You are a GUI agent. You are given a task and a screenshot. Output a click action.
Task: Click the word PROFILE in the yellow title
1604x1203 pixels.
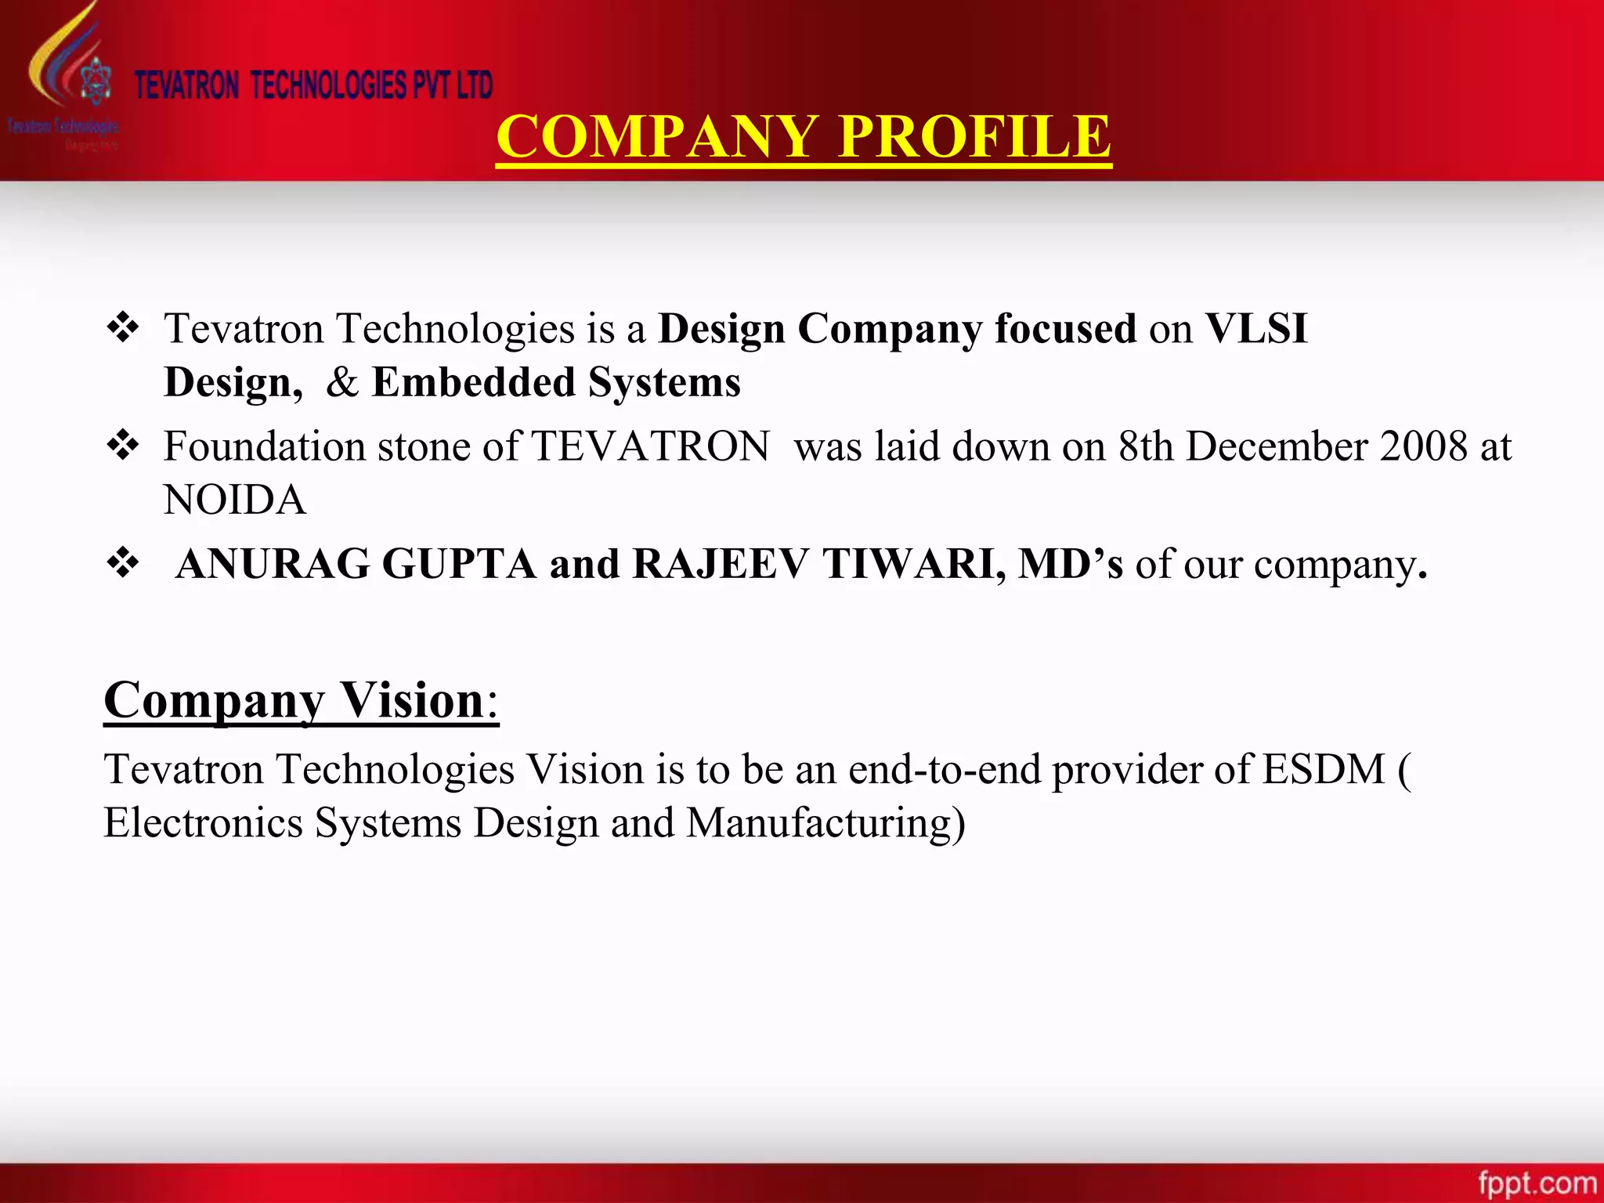(x=974, y=136)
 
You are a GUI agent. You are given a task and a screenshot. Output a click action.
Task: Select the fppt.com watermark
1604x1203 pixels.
(x=1537, y=1183)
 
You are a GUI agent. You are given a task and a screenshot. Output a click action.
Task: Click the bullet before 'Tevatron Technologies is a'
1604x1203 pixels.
(x=123, y=327)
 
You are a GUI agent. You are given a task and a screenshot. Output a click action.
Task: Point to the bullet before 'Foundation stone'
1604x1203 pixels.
(x=123, y=446)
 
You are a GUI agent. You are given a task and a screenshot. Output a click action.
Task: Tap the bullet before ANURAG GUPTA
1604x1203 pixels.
(x=123, y=563)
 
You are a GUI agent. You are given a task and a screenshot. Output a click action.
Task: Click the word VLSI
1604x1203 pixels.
(x=1256, y=328)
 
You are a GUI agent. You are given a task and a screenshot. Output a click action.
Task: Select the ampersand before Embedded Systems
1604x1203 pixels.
(x=341, y=382)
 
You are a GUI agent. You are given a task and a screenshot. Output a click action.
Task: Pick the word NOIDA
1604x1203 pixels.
(x=235, y=500)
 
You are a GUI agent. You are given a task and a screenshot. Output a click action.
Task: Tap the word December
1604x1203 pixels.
(x=1276, y=446)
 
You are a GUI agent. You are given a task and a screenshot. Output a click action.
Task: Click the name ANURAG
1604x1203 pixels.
(x=273, y=564)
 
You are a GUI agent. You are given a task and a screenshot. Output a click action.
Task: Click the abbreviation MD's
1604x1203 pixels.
(x=1071, y=564)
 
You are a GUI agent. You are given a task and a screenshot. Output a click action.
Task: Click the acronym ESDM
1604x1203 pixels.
(x=1324, y=769)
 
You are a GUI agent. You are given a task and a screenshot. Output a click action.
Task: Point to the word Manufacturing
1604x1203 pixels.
(x=825, y=823)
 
